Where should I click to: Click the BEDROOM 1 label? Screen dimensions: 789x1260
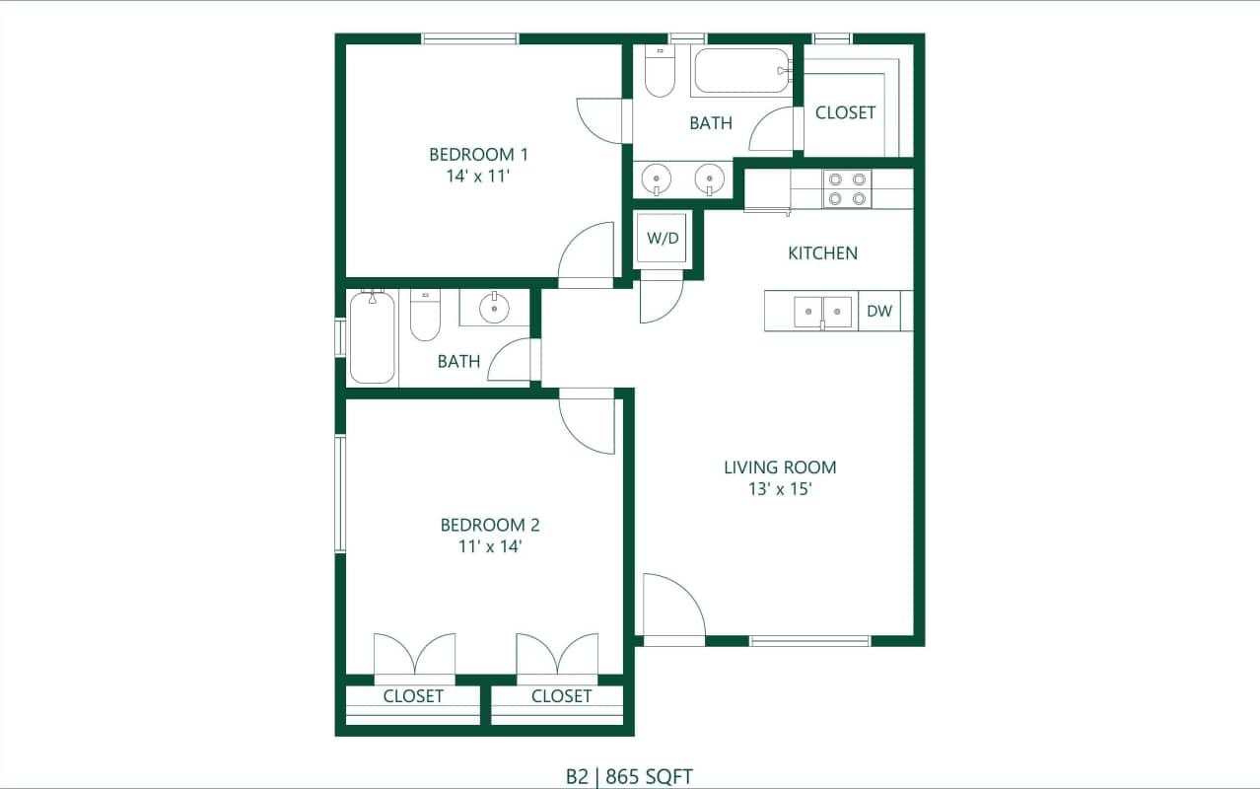tap(479, 155)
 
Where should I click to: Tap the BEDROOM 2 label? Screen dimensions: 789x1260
tap(490, 526)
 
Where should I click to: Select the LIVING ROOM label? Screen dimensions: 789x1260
tap(780, 467)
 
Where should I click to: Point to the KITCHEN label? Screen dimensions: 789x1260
tap(822, 253)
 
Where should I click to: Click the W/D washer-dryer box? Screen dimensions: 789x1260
tap(663, 238)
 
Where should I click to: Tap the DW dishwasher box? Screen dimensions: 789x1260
tap(879, 312)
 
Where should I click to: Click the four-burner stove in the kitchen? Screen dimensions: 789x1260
tap(847, 189)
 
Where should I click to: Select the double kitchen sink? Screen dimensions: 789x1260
tap(822, 312)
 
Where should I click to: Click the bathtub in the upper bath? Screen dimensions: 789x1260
tap(741, 71)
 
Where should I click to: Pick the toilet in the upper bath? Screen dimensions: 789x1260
tap(659, 72)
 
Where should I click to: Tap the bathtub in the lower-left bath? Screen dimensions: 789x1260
tap(372, 337)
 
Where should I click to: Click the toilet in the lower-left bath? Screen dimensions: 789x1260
tap(425, 316)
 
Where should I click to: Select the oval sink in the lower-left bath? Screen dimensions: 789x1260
tap(493, 309)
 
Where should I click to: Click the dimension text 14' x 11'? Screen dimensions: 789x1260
tap(478, 177)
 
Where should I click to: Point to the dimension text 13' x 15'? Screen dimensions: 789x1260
tap(780, 489)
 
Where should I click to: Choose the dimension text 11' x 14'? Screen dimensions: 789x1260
tap(490, 546)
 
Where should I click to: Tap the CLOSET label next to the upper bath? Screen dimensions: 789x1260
tap(845, 112)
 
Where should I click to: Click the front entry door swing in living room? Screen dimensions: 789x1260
tap(672, 610)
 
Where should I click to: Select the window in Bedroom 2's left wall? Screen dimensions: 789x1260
tap(340, 493)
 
